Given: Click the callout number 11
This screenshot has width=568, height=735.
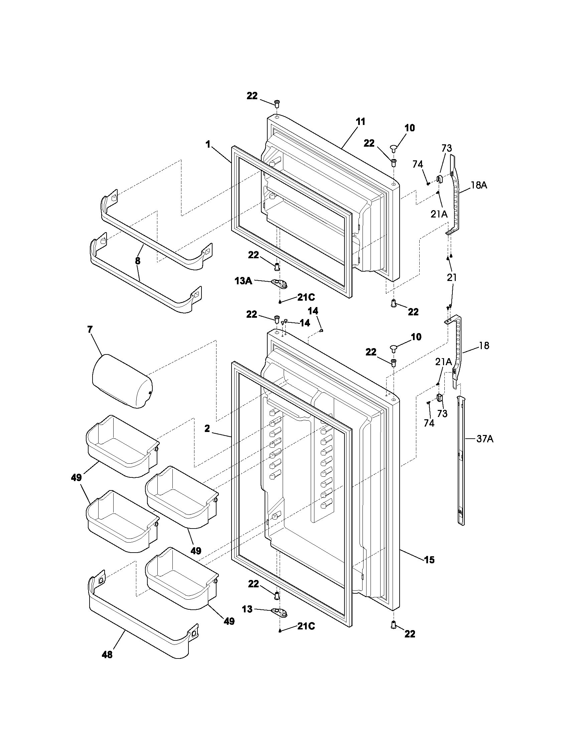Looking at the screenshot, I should [x=361, y=122].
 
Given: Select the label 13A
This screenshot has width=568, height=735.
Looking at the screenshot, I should [x=243, y=281].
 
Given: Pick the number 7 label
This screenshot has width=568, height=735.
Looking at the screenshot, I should [x=90, y=329].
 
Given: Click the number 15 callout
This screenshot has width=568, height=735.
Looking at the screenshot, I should [x=429, y=560].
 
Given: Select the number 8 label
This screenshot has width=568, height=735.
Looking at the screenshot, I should [x=138, y=261].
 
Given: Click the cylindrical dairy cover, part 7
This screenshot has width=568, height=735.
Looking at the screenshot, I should [x=122, y=381].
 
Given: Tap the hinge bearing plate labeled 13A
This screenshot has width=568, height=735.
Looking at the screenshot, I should [x=279, y=284].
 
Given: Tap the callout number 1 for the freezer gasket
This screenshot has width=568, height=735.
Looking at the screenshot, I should [x=208, y=145].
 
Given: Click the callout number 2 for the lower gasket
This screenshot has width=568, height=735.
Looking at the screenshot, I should [x=207, y=428].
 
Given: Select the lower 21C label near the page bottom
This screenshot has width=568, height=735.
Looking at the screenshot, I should [x=305, y=626].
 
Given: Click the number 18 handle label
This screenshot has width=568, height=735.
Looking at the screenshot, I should [x=484, y=346].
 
